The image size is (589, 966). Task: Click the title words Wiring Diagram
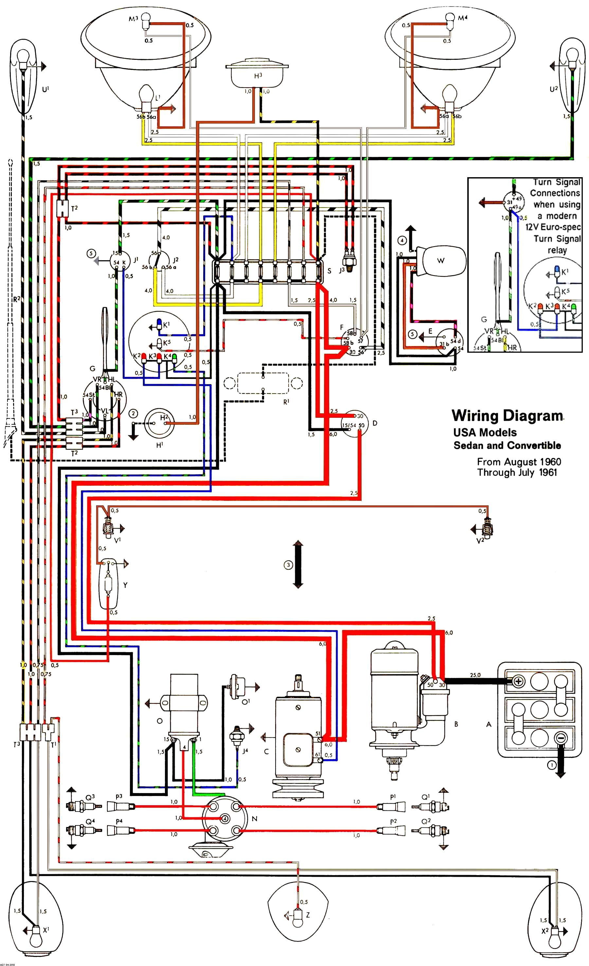point(508,415)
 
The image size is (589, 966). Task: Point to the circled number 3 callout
point(288,565)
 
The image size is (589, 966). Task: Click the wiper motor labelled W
point(441,260)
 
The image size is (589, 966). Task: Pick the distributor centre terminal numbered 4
point(225,818)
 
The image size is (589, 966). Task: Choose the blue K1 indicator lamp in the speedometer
point(159,322)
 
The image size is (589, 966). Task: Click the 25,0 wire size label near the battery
point(475,675)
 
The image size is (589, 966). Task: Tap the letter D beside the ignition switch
point(375,423)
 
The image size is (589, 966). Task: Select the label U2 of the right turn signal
point(553,89)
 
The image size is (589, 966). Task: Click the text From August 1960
point(519,462)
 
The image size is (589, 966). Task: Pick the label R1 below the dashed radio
point(286,401)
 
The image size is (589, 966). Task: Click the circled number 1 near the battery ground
point(551,765)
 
